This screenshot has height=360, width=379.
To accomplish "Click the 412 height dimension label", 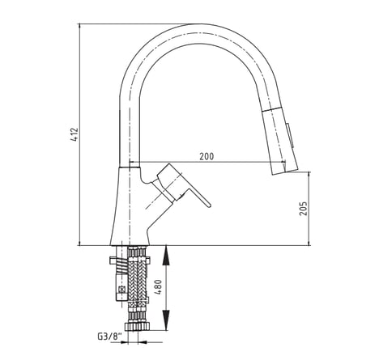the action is pyautogui.click(x=75, y=134).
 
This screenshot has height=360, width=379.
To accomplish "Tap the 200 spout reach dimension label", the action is pyautogui.click(x=207, y=156).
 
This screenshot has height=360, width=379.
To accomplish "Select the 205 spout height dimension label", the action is pyautogui.click(x=304, y=208).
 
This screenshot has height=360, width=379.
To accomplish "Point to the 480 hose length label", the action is pyautogui.click(x=158, y=286).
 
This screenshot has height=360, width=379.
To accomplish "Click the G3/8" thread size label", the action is pyautogui.click(x=109, y=337).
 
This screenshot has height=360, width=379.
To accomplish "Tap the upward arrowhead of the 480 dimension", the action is pyautogui.click(x=166, y=254).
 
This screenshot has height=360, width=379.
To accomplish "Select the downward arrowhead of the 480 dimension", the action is pyautogui.click(x=166, y=320).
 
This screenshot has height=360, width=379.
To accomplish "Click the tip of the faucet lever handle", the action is pyautogui.click(x=209, y=205).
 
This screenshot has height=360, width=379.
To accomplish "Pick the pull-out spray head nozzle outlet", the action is pyautogui.click(x=285, y=172).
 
